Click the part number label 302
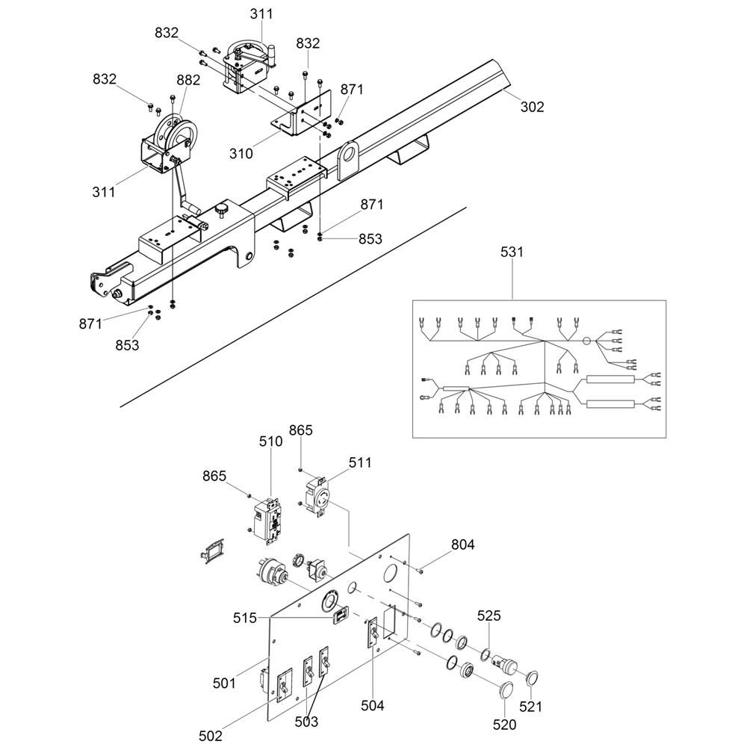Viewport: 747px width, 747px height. point(533,108)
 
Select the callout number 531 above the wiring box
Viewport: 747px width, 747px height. point(512,252)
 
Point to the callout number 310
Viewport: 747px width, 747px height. point(241,154)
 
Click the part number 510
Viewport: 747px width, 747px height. point(270,441)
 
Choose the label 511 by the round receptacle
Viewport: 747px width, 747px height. point(359,463)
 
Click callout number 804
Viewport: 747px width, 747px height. point(462,545)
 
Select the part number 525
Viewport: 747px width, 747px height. point(489,616)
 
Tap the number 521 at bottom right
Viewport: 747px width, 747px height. point(531,706)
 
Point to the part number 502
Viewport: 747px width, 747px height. point(211,736)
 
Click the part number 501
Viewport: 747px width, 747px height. point(225,683)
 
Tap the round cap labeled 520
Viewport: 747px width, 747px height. point(505,688)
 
